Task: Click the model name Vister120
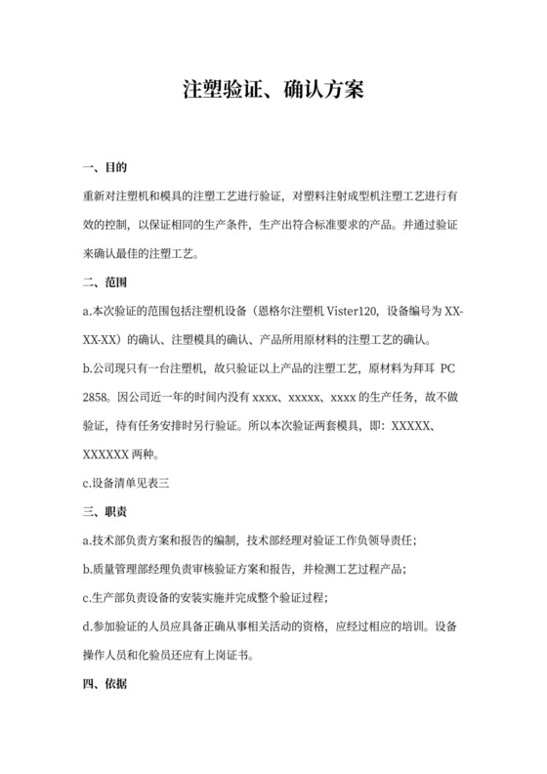point(353,312)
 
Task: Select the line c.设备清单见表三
point(128,483)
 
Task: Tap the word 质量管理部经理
point(138,569)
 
